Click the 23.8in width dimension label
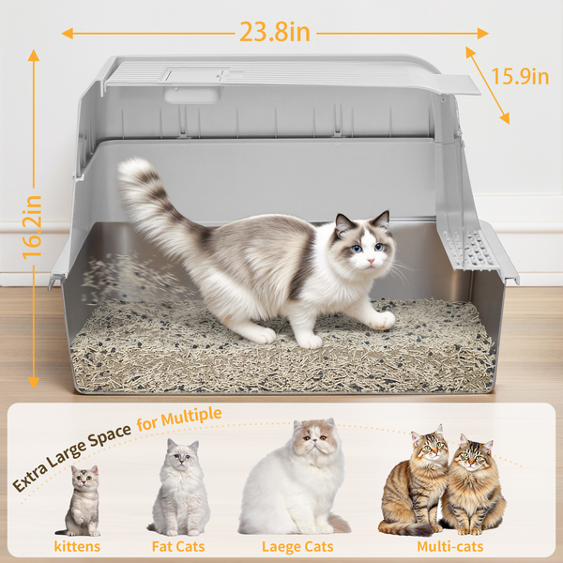pos(275,32)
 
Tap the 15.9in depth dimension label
pos(520,77)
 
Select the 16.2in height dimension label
pos(32,227)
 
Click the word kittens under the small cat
pos(77,546)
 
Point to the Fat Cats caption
pos(178,546)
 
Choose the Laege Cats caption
pos(297,547)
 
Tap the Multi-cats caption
pos(450,546)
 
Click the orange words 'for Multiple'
pos(179,418)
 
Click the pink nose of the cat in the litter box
pos(370,260)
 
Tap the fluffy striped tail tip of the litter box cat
pos(134,169)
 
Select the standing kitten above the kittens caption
pos(80,500)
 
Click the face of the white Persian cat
pos(315,437)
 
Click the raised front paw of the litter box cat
pos(383,320)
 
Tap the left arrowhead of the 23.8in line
pos(68,34)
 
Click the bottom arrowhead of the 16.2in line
pos(34,383)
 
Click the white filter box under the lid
pos(192,94)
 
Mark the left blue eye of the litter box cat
pos(357,249)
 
